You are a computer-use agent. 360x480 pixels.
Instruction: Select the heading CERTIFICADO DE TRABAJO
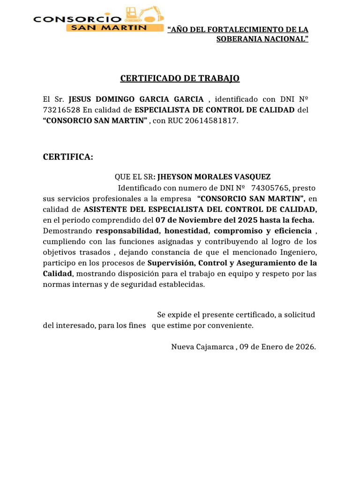point(180,78)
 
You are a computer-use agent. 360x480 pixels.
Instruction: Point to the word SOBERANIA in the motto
point(239,39)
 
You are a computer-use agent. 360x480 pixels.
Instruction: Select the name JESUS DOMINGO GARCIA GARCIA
point(136,99)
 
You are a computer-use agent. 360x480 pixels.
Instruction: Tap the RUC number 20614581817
point(214,120)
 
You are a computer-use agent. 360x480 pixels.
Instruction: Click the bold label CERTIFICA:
point(68,156)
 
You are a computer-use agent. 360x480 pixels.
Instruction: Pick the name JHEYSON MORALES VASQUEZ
point(214,177)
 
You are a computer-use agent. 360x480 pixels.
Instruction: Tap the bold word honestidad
point(187,231)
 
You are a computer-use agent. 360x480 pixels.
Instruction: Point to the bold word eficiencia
point(290,231)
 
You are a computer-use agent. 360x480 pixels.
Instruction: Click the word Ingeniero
point(300,252)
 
